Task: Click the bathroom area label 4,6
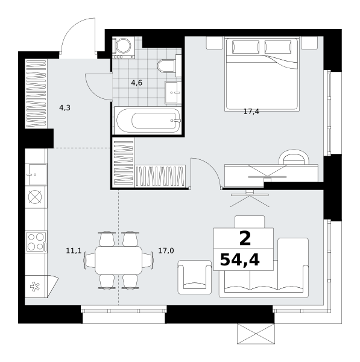(137, 83)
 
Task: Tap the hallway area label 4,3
(65, 107)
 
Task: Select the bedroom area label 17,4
(251, 112)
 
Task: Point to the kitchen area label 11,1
(74, 250)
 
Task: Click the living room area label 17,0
(166, 250)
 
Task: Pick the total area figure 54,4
(240, 260)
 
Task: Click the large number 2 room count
(245, 239)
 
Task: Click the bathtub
(148, 120)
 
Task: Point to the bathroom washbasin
(171, 92)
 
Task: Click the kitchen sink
(36, 174)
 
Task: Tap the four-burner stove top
(36, 242)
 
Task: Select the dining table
(119, 259)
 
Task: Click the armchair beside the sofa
(195, 277)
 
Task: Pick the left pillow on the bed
(245, 47)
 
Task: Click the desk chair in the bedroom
(294, 157)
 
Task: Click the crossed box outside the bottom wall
(256, 334)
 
